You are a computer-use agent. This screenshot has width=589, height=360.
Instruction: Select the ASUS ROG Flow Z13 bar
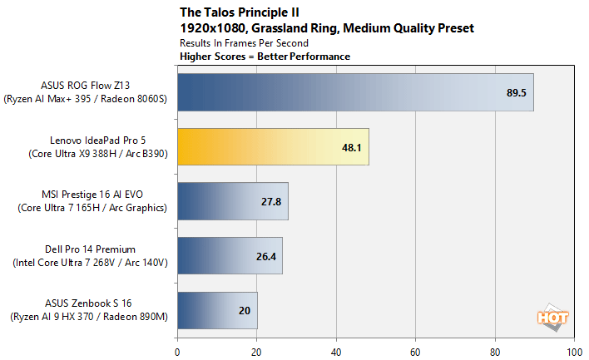[x=354, y=92]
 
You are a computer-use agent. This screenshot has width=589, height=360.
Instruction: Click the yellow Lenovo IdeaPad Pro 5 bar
[x=272, y=147]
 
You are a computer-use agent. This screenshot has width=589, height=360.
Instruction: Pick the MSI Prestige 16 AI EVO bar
[x=232, y=202]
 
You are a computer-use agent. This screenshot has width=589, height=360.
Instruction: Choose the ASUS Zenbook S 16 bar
[x=216, y=310]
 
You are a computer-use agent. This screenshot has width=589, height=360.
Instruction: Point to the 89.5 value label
[x=517, y=92]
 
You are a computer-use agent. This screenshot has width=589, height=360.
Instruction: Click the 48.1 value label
[x=353, y=147]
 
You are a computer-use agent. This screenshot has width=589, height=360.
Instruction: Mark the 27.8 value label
[x=272, y=202]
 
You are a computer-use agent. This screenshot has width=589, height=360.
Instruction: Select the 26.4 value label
[x=266, y=256]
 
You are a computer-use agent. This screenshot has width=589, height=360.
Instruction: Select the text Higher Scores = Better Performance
[x=265, y=57]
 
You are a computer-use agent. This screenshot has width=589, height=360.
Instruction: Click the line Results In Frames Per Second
[x=244, y=42]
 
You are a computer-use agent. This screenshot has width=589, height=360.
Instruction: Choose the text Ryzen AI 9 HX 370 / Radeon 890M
[x=93, y=316]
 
